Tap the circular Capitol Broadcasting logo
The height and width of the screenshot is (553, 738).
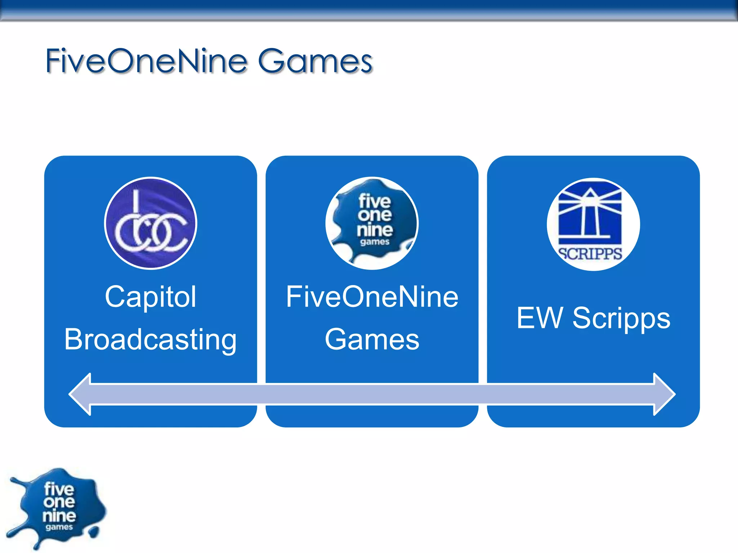pyautogui.click(x=151, y=223)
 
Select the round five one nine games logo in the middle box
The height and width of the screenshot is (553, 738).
pyautogui.click(x=372, y=223)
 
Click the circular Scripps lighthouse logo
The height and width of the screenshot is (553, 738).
pyautogui.click(x=593, y=224)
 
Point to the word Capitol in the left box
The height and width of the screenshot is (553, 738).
pyautogui.click(x=151, y=297)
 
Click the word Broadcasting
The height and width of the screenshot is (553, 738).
pyautogui.click(x=151, y=339)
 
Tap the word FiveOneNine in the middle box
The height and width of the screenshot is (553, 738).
pyautogui.click(x=372, y=297)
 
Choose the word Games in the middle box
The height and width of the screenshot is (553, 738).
pyautogui.click(x=372, y=339)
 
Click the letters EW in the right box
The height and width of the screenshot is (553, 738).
pyautogui.click(x=539, y=318)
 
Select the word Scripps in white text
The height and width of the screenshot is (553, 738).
pyautogui.click(x=621, y=318)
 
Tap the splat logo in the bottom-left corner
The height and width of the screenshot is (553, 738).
pyautogui.click(x=58, y=508)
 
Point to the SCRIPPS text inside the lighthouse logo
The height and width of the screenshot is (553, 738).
pyautogui.click(x=590, y=253)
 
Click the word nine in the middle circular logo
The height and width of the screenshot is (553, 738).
pyautogui.click(x=375, y=230)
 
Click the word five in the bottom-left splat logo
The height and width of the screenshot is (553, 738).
pyautogui.click(x=59, y=489)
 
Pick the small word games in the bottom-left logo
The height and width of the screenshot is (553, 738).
pyautogui.click(x=59, y=527)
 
